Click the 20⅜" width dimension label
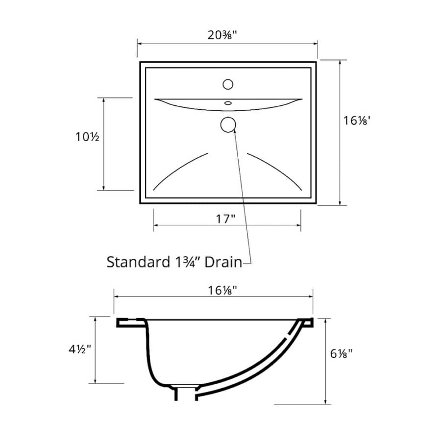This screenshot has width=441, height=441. coord(222,35)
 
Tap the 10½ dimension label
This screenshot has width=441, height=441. coord(87,137)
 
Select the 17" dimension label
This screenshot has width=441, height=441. coord(225,219)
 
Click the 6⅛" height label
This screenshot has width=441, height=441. coord(341,353)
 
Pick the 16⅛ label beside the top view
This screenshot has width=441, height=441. coord(357,121)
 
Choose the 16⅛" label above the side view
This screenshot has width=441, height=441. coord(222,290)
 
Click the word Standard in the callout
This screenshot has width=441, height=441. coord(138,262)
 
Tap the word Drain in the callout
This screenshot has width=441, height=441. coord(223,262)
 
